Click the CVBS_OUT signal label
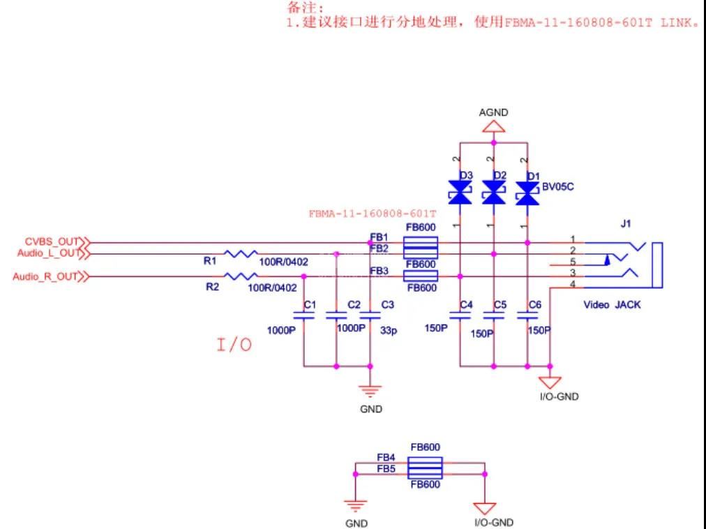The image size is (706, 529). (53, 241)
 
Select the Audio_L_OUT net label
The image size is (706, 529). (49, 253)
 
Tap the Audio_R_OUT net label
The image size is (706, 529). (46, 276)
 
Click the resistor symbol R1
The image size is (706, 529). (241, 254)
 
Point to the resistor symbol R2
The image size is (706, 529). (241, 276)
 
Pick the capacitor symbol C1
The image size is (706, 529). (303, 315)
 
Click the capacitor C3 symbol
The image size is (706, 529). (370, 315)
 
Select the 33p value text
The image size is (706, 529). (389, 332)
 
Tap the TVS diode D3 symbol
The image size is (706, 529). (460, 193)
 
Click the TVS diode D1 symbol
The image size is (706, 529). (527, 193)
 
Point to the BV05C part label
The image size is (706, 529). (559, 186)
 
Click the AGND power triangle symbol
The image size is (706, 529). (494, 126)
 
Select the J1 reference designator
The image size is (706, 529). (625, 224)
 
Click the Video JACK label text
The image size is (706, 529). (612, 305)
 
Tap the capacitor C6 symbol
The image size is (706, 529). (527, 315)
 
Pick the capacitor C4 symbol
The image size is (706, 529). (460, 315)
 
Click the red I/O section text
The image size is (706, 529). (234, 345)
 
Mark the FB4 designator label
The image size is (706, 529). (386, 458)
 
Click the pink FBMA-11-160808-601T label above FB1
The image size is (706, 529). (373, 214)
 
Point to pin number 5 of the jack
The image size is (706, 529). (573, 262)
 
